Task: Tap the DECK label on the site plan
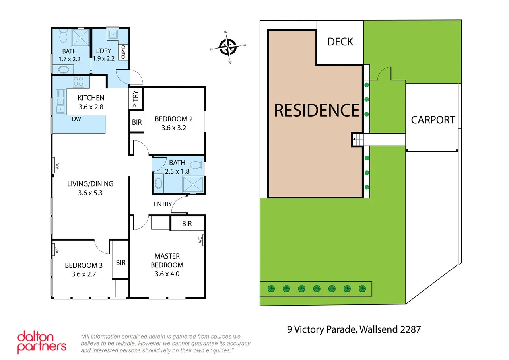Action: pyautogui.click(x=340, y=42)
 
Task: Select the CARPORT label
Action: pyautogui.click(x=433, y=120)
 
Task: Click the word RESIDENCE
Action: pyautogui.click(x=317, y=110)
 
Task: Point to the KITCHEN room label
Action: pyautogui.click(x=91, y=98)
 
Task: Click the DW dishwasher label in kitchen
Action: pyautogui.click(x=76, y=119)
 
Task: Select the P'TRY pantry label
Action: pyautogui.click(x=136, y=99)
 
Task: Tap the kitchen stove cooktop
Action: pyautogui.click(x=79, y=81)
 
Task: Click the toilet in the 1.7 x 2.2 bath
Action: pyautogui.click(x=63, y=37)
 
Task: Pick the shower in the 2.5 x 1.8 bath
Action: pyautogui.click(x=193, y=184)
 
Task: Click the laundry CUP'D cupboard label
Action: pyautogui.click(x=123, y=53)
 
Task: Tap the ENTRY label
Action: pyautogui.click(x=163, y=204)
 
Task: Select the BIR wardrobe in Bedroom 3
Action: pyautogui.click(x=120, y=263)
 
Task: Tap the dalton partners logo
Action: pyautogui.click(x=41, y=342)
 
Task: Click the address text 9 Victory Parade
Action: pyautogui.click(x=354, y=329)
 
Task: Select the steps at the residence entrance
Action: pyautogui.click(x=357, y=140)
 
